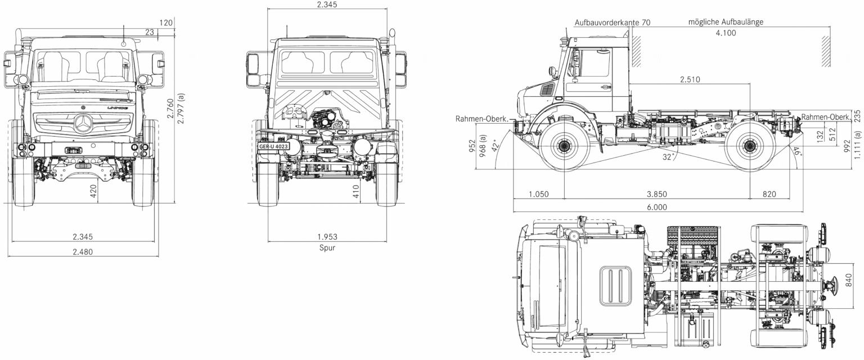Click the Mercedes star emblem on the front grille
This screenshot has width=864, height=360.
pos(83,123)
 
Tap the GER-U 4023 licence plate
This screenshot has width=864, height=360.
pos(273,147)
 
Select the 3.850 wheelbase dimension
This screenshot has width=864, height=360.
pos(656,194)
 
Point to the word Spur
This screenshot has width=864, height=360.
pos(327,247)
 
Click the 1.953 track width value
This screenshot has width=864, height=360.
pos(327,236)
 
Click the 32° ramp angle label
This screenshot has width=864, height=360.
pos(668,157)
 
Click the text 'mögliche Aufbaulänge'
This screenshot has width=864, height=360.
pos(726,22)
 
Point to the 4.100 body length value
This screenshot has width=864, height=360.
pos(726,33)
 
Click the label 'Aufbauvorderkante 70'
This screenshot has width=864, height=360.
pos(613,22)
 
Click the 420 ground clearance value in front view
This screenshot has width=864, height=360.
pos(94,191)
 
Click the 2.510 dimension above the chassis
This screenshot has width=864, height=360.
pos(690,79)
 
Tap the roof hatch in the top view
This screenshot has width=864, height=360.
pos(615,286)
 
